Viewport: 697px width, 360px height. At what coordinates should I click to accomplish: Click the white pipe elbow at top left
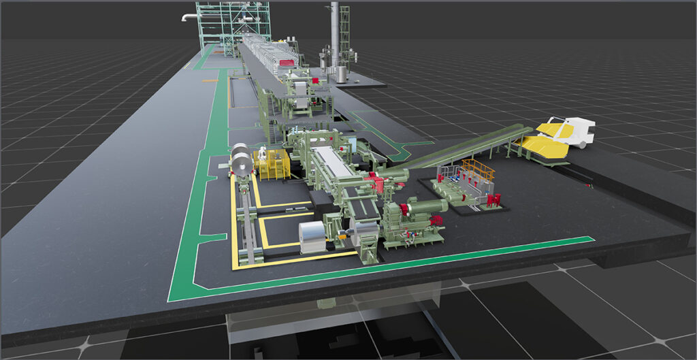187,18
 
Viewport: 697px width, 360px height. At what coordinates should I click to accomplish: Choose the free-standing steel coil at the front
314,238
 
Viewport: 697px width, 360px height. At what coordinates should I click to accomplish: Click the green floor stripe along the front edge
408,265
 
